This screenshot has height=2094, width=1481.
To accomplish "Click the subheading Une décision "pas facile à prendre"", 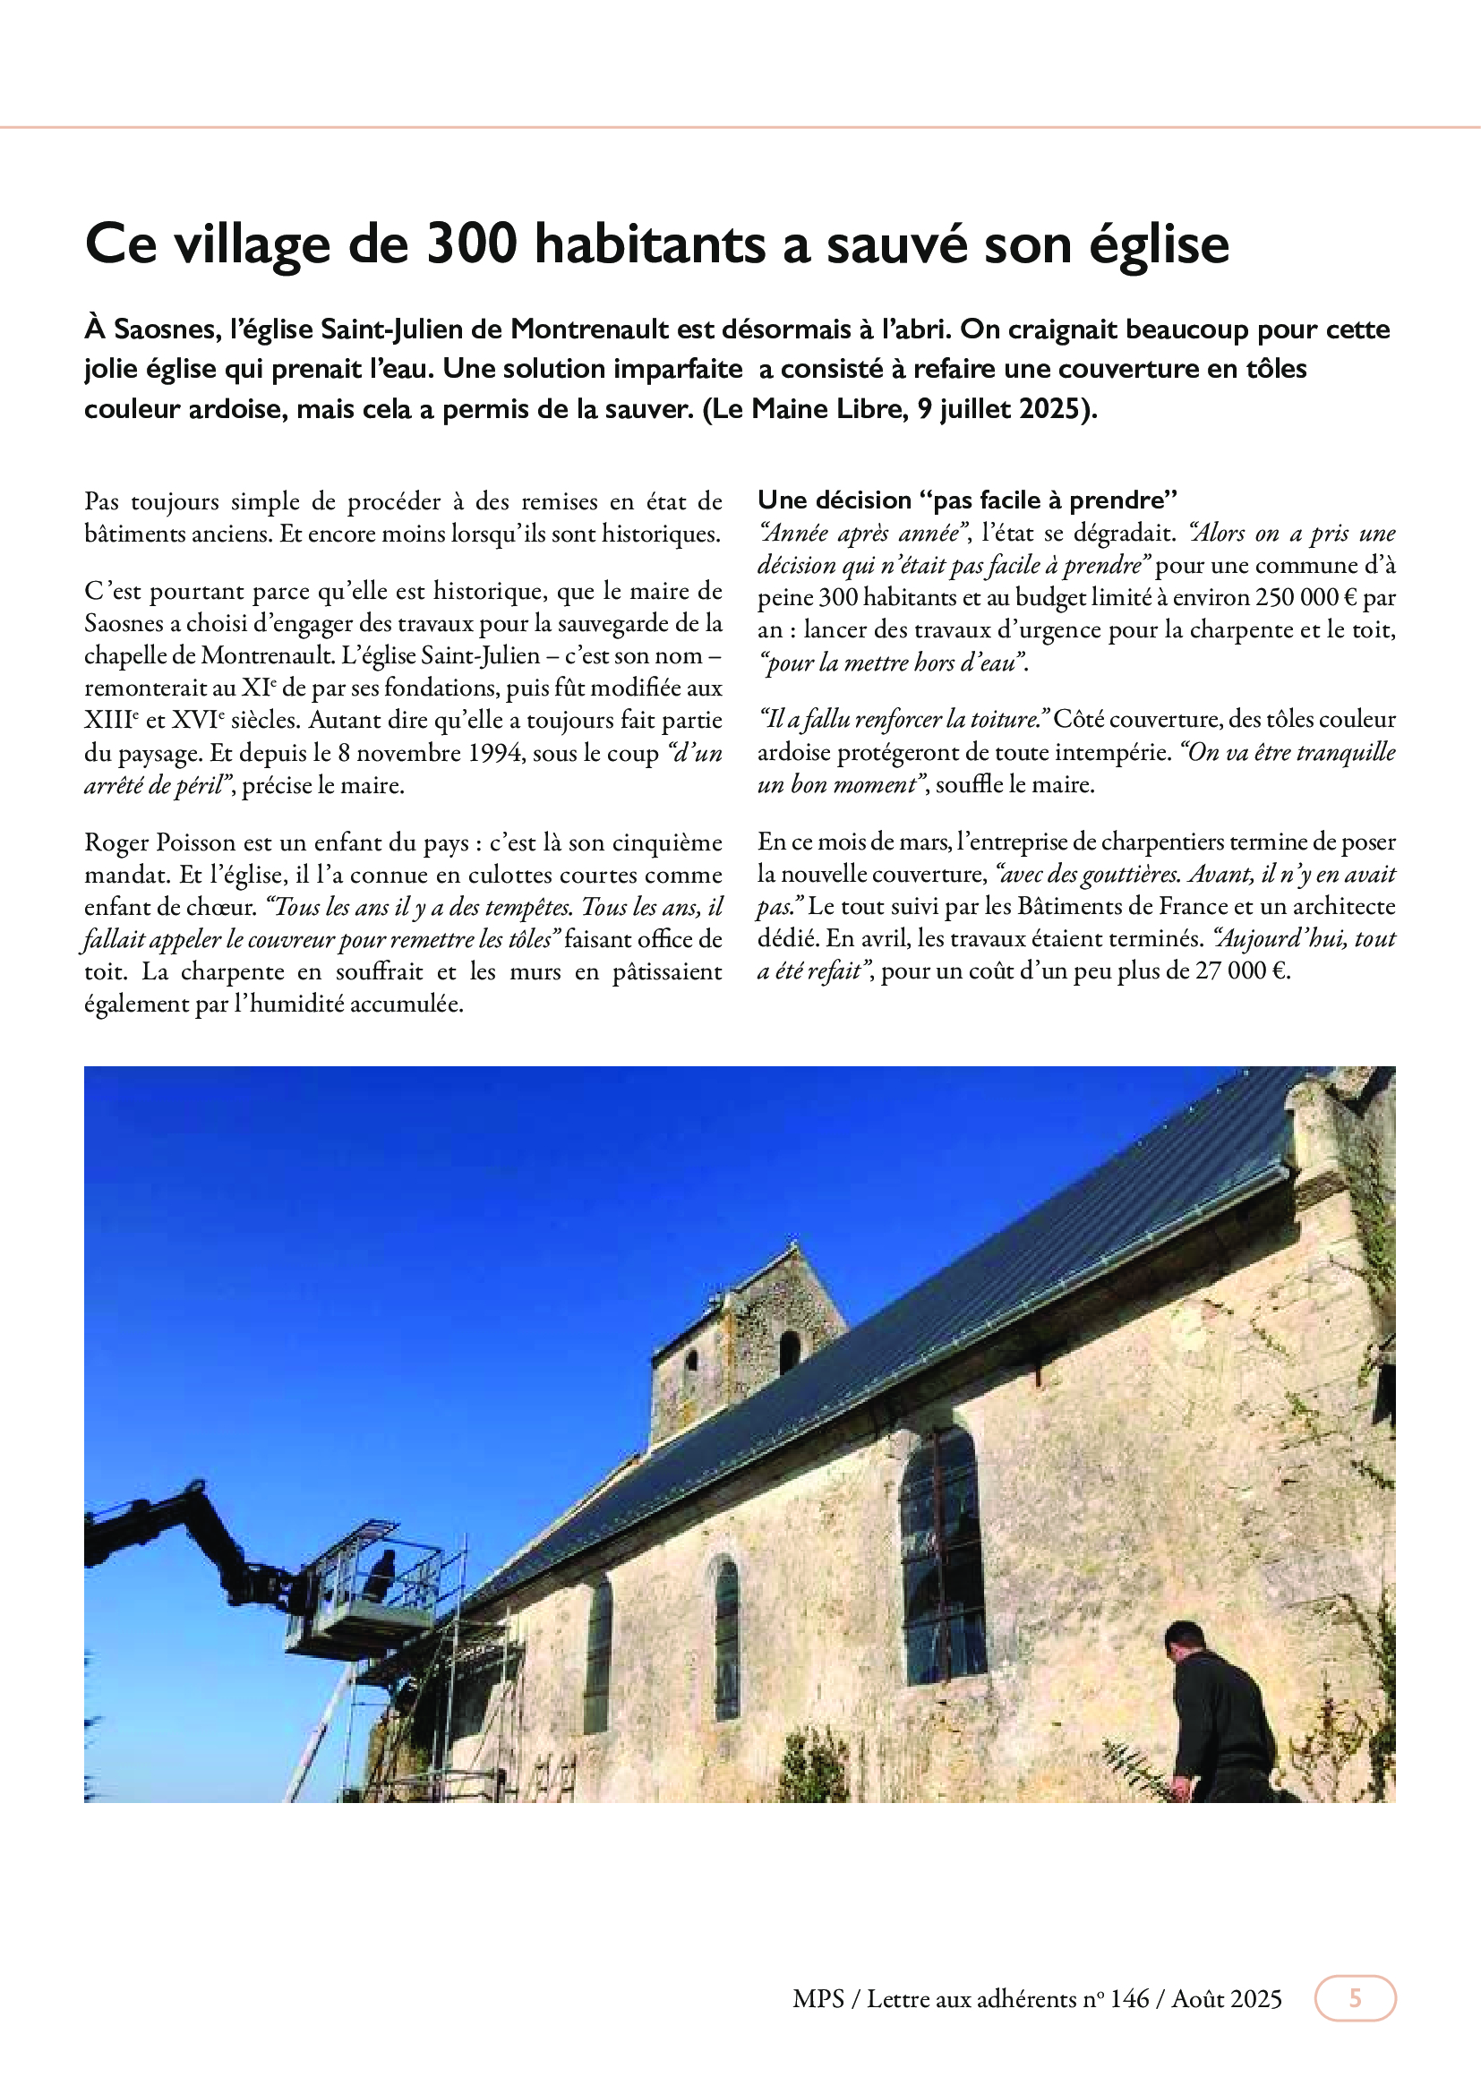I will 968,500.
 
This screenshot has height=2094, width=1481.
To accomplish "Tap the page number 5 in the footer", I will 1354,1998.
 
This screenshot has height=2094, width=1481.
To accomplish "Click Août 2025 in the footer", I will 1227,1999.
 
